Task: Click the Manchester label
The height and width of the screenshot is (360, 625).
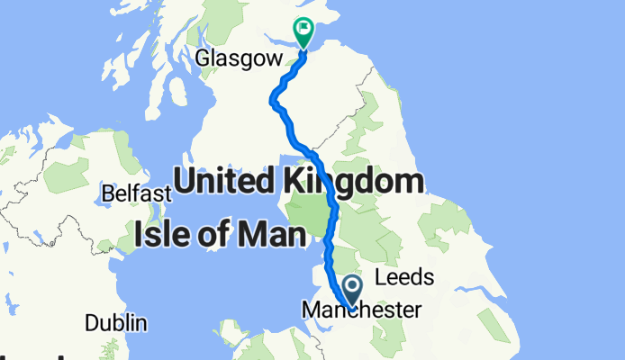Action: point(361,310)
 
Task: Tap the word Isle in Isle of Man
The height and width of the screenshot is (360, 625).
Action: point(164,236)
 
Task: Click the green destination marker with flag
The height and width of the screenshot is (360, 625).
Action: point(303,32)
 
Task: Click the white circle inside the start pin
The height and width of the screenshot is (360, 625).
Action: point(351,287)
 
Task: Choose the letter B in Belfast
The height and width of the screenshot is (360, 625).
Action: point(108,194)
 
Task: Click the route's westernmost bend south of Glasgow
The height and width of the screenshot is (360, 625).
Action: point(274,103)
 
